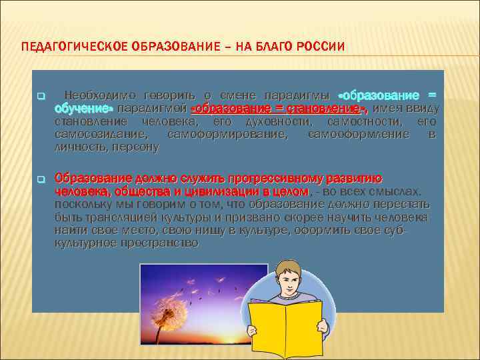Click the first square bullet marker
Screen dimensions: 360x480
tap(40, 97)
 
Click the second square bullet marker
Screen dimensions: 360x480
tap(40, 179)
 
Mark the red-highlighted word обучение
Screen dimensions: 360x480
tap(83, 108)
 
